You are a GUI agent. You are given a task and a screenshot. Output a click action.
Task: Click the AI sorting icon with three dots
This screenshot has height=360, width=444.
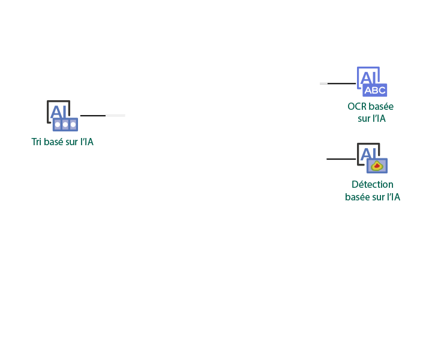point(62,116)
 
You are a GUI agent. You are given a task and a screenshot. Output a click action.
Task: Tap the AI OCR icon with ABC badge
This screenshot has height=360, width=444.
point(372,82)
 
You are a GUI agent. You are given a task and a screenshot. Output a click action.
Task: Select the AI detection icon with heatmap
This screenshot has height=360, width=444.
point(372,158)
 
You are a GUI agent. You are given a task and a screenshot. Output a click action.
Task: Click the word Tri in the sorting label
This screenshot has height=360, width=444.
point(36,142)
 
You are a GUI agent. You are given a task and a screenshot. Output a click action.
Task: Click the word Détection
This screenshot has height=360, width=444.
point(373,184)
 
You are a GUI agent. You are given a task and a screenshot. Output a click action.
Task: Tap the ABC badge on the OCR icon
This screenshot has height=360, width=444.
point(375,91)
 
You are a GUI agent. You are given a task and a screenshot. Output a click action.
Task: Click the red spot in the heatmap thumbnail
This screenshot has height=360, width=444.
point(377,166)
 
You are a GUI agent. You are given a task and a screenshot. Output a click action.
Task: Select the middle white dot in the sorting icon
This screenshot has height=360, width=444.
point(65,125)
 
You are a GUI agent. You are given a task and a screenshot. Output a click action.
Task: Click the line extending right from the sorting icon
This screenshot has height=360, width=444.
point(103,116)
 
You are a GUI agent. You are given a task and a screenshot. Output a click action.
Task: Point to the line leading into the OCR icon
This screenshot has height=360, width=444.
point(338,83)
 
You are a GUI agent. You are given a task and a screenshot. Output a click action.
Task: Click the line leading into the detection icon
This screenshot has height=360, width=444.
point(341,159)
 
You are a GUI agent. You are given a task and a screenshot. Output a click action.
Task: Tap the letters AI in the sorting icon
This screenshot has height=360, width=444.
point(59,112)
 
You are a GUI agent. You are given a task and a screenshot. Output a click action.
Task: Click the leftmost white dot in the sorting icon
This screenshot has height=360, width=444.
point(58,125)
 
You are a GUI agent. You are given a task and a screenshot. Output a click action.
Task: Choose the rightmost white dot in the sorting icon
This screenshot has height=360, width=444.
point(73,125)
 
